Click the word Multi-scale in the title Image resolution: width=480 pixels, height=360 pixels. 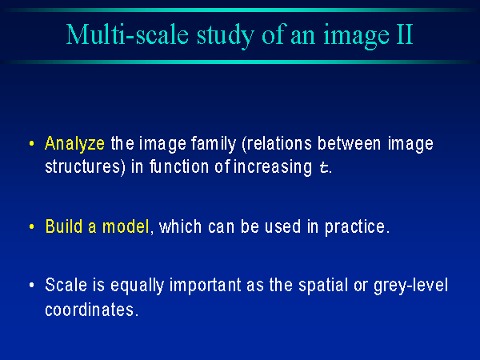pyautogui.click(x=127, y=34)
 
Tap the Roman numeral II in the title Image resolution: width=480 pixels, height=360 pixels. pyautogui.click(x=405, y=34)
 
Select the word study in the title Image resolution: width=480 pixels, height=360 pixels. pyautogui.click(x=226, y=36)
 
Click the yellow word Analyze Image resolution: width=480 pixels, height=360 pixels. pyautogui.click(x=74, y=143)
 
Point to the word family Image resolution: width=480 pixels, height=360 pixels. pyautogui.click(x=214, y=144)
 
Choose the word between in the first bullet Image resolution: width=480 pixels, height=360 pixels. pyautogui.click(x=349, y=143)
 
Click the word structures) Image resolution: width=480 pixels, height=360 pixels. pyautogui.click(x=85, y=167)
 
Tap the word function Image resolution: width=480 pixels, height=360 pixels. pyautogui.click(x=179, y=166)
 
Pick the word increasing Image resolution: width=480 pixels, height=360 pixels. pyautogui.click(x=273, y=167)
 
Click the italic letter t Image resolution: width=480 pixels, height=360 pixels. pyautogui.click(x=323, y=167)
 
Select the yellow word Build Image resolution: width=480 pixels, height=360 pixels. pyautogui.click(x=64, y=226)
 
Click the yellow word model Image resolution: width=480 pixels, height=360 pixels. pyautogui.click(x=126, y=226)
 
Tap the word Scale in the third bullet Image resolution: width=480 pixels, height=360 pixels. pyautogui.click(x=66, y=285)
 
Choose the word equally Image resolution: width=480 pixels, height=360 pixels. pyautogui.click(x=137, y=286)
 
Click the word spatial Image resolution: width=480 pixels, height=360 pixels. pyautogui.click(x=323, y=286)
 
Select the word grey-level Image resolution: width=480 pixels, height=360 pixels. pyautogui.click(x=411, y=286)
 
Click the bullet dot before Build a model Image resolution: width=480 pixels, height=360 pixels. pyautogui.click(x=31, y=227)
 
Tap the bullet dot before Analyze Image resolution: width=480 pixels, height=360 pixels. pyautogui.click(x=31, y=143)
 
